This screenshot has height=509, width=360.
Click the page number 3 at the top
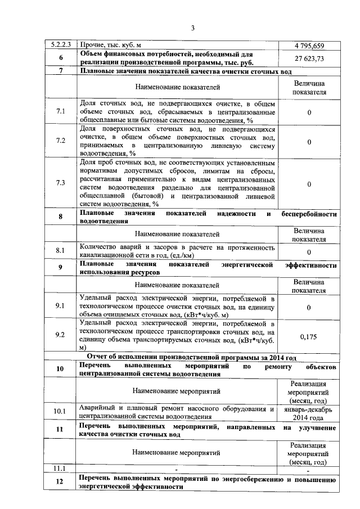pyautogui.click(x=192, y=28)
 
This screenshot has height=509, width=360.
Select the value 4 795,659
pyautogui.click(x=309, y=45)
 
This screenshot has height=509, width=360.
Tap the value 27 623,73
pyautogui.click(x=309, y=58)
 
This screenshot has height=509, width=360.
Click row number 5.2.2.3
pyautogui.click(x=61, y=45)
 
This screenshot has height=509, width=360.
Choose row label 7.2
pyautogui.click(x=61, y=141)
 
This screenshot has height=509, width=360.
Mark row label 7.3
pyautogui.click(x=61, y=183)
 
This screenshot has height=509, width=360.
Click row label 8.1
pyautogui.click(x=61, y=251)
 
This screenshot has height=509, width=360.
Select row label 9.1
pyautogui.click(x=61, y=307)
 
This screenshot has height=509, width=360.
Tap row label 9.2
pyautogui.click(x=61, y=336)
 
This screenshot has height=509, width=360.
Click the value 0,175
pyautogui.click(x=309, y=336)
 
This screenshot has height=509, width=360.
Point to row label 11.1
pyautogui.click(x=61, y=468)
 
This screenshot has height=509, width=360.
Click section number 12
pyautogui.click(x=61, y=483)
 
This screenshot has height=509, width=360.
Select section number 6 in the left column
pyautogui.click(x=61, y=58)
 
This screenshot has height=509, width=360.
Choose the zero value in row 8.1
pyautogui.click(x=309, y=251)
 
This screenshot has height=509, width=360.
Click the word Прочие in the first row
pyautogui.click(x=91, y=45)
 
